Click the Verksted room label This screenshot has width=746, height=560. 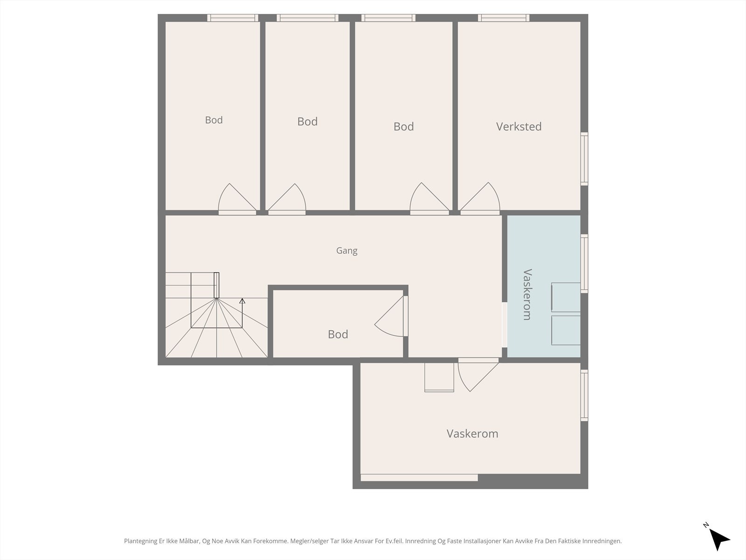point(518,126)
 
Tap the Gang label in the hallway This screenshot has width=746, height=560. point(347,251)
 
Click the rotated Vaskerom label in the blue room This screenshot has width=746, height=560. point(527,294)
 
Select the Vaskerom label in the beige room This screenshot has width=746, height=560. point(472,434)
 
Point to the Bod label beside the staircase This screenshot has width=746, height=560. point(338,334)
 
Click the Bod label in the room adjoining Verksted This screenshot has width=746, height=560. point(403,126)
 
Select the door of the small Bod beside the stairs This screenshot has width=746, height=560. point(391,317)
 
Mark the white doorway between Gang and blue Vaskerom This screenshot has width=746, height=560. point(504,325)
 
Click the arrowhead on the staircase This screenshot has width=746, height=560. point(242,301)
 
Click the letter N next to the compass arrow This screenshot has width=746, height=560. point(705,525)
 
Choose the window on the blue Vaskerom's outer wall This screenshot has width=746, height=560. point(584,264)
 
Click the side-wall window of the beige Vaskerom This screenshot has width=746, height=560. point(584,395)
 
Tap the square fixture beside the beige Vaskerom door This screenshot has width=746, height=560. point(439,378)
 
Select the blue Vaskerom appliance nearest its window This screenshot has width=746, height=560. point(566,297)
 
